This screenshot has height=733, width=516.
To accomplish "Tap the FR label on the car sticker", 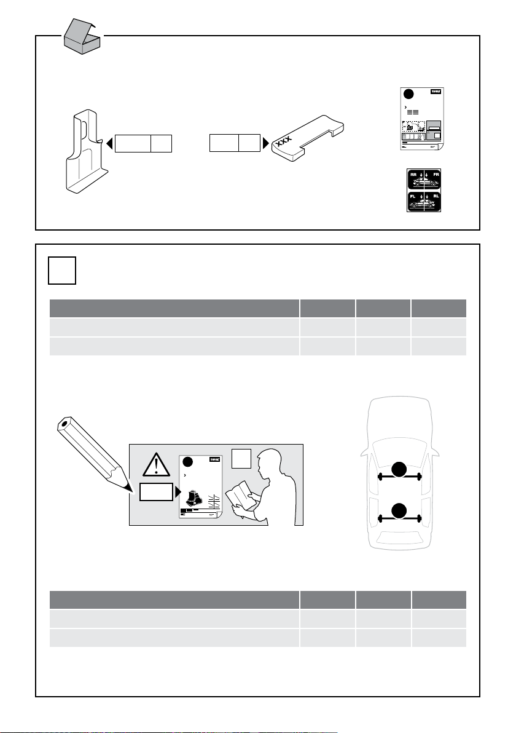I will click(x=437, y=175).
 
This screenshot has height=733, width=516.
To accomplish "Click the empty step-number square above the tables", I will click(x=62, y=271).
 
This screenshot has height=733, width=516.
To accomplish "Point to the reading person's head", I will click(x=270, y=462).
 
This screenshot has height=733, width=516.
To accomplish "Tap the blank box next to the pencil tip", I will click(x=156, y=492).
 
